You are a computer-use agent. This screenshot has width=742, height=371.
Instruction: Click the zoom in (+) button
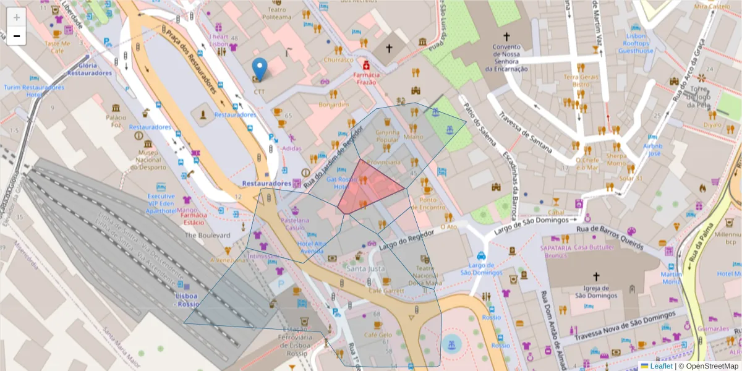17,17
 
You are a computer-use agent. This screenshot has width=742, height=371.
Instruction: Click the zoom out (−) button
17,36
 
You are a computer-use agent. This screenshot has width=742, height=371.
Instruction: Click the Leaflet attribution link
661,366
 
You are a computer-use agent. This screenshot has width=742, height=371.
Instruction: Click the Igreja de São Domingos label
596,292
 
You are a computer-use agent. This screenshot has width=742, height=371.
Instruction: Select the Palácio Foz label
116,121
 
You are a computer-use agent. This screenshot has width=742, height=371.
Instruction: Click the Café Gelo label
378,335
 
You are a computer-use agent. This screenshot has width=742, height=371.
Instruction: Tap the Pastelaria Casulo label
294,224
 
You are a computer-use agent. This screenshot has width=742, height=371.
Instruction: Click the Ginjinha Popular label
388,135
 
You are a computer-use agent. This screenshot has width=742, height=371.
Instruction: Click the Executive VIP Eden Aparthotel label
161,203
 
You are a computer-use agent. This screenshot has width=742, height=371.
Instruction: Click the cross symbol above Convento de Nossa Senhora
506,36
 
